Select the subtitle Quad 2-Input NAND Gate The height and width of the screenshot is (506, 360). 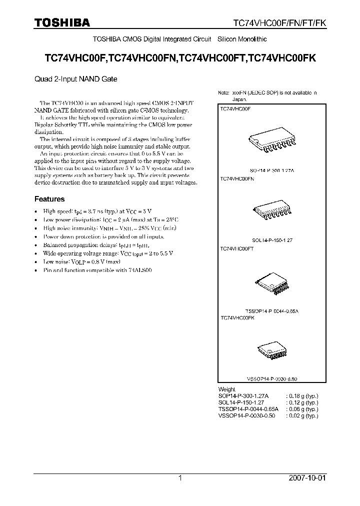coord(75,78)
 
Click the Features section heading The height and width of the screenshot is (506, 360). coord(50,198)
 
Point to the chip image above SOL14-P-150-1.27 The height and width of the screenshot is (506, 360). coord(270,212)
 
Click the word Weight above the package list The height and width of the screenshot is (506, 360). coord(226,389)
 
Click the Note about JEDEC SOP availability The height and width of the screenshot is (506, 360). coord(267,96)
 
